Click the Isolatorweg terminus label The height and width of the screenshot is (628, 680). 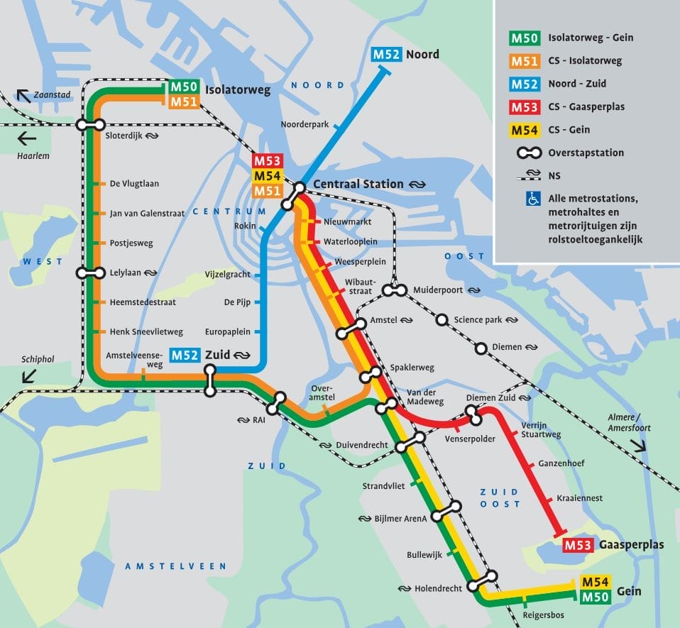tap(237, 90)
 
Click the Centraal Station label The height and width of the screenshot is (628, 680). tap(358, 184)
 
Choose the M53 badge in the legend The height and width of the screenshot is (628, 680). tap(525, 106)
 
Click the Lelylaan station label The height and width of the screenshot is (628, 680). tap(125, 272)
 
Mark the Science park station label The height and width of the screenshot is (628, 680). tap(478, 320)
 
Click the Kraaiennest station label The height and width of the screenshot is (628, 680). tap(580, 498)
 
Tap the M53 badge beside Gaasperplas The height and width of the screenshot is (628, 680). tap(578, 546)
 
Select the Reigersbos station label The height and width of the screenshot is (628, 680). tap(544, 615)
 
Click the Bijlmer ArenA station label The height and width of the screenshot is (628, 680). tap(401, 519)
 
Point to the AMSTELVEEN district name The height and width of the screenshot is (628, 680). tap(175, 566)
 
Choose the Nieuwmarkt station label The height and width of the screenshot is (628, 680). tap(348, 222)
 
